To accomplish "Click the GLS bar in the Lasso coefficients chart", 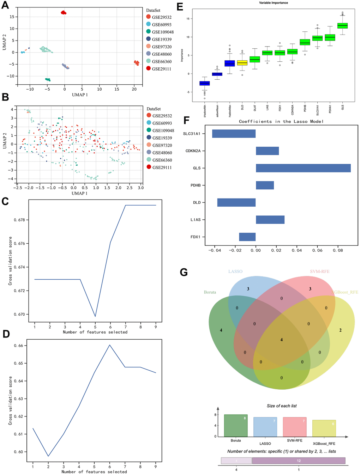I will pyautogui.click(x=303, y=168).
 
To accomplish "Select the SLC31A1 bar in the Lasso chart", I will pyautogui.click(x=234, y=134).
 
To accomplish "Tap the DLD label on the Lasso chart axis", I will pyautogui.click(x=197, y=202).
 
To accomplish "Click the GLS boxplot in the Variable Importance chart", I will pyautogui.click(x=342, y=25).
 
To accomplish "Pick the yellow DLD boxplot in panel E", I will pyautogui.click(x=242, y=63).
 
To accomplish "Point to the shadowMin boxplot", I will pyautogui.click(x=205, y=83).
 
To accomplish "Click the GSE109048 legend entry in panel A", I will pyautogui.click(x=163, y=32).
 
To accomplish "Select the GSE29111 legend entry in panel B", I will pyautogui.click(x=162, y=167).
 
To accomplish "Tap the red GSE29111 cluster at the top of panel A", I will pyautogui.click(x=64, y=13).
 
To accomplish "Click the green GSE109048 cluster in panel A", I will pyautogui.click(x=47, y=80).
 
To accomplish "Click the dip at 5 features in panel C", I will pyautogui.click(x=95, y=316).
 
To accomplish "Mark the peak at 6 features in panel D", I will pyautogui.click(x=110, y=345).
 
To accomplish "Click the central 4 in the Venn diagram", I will pyautogui.click(x=281, y=340).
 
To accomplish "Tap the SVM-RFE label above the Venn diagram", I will pyautogui.click(x=319, y=272).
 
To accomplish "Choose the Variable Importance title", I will pyautogui.click(x=274, y=3).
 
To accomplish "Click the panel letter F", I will pyautogui.click(x=187, y=120).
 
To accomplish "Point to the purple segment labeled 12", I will pyautogui.click(x=299, y=461).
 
